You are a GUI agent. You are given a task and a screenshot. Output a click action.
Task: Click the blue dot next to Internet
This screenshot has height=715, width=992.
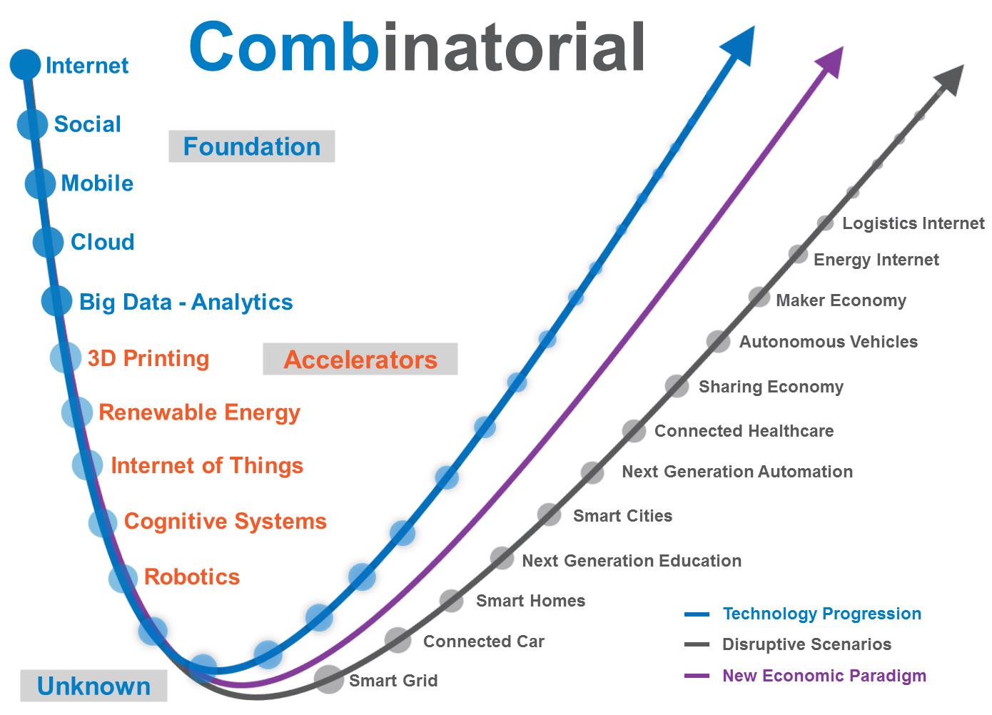pyautogui.click(x=25, y=65)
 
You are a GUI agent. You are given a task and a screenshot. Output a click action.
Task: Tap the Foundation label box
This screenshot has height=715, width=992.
pyautogui.click(x=251, y=146)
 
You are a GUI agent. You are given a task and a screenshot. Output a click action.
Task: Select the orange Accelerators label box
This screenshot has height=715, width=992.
pyautogui.click(x=360, y=359)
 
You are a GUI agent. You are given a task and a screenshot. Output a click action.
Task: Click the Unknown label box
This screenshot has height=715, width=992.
pyautogui.click(x=94, y=686)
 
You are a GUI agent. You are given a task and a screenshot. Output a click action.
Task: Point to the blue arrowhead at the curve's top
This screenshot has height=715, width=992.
pyautogui.click(x=739, y=46)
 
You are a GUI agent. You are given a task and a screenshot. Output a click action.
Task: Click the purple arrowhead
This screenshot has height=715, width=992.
pyautogui.click(x=830, y=62)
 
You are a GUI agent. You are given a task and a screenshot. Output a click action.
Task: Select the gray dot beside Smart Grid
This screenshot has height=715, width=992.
pyautogui.click(x=328, y=679)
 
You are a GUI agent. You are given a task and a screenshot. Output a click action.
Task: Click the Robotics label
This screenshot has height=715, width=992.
pyautogui.click(x=192, y=577)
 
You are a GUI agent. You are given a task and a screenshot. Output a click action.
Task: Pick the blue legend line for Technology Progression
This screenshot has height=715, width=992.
pyautogui.click(x=697, y=614)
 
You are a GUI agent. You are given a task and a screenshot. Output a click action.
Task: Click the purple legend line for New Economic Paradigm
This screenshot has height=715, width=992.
pyautogui.click(x=697, y=676)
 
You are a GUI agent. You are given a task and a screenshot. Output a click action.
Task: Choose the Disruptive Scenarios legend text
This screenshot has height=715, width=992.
pyautogui.click(x=806, y=644)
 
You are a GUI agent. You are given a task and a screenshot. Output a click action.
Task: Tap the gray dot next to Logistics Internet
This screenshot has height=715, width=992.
pyautogui.click(x=825, y=223)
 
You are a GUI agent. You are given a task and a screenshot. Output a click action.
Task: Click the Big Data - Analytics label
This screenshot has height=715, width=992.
pyautogui.click(x=186, y=303)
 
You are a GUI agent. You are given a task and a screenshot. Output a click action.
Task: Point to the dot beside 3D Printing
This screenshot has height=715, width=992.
pyautogui.click(x=66, y=357)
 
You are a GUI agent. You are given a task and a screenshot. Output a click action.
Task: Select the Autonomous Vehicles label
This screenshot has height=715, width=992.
pyautogui.click(x=829, y=342)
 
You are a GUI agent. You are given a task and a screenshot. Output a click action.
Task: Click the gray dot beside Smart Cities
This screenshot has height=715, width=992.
pyautogui.click(x=549, y=514)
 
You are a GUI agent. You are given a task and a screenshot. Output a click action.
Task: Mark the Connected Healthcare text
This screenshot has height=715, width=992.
pyautogui.click(x=744, y=431)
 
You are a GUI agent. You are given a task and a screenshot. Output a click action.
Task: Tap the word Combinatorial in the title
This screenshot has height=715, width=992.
pyautogui.click(x=417, y=46)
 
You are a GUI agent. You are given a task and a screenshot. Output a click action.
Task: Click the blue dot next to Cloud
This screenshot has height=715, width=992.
pyautogui.click(x=49, y=242)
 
